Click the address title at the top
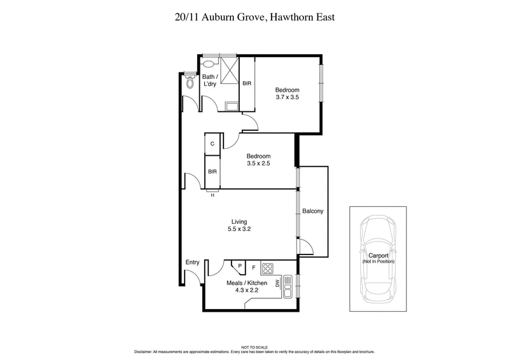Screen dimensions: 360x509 coord(254,17)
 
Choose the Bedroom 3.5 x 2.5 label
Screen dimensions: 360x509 coord(259,160)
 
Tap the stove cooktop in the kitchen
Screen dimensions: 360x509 coord(268,268)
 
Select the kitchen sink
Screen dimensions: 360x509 coord(288,287)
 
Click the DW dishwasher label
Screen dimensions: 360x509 coord(277,282)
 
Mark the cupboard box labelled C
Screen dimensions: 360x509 coord(213,144)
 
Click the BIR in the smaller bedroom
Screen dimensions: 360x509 coord(213,172)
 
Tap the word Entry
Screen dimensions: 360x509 coord(192,262)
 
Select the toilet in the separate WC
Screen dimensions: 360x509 coord(189,82)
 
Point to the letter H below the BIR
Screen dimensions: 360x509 coord(213,195)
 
